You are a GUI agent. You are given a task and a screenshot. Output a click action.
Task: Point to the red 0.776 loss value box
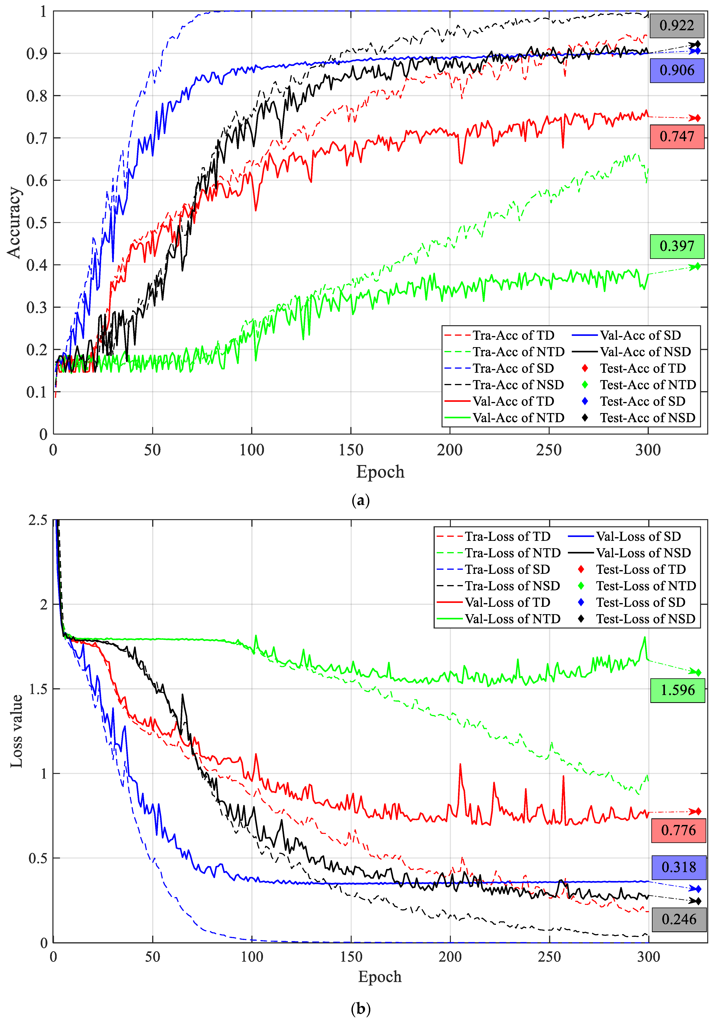pos(678,830)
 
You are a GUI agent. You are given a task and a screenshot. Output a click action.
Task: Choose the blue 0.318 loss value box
pos(679,867)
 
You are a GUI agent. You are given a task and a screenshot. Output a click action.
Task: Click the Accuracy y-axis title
pos(14,222)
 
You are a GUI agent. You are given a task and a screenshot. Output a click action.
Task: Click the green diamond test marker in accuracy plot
pos(697,266)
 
